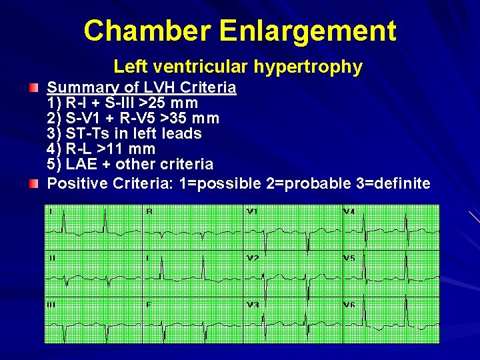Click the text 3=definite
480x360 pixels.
389,183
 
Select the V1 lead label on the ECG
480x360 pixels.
252,212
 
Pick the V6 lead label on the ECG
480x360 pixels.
349,305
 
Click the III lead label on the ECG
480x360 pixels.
51,305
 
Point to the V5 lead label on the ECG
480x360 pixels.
349,258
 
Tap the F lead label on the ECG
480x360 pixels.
149,305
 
